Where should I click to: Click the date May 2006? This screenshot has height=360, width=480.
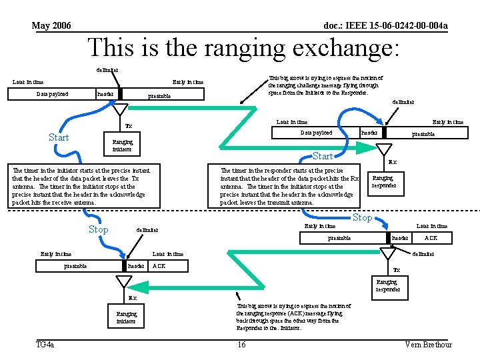click(51, 26)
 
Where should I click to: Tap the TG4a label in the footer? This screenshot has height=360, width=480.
click(45, 344)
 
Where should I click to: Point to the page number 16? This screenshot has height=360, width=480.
click(241, 344)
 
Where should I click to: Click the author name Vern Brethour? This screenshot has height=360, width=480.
click(428, 344)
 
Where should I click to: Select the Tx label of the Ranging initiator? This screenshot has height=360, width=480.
click(129, 126)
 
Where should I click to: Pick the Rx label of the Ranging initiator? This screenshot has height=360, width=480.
click(132, 298)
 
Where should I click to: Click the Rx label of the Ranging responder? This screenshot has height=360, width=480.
click(393, 161)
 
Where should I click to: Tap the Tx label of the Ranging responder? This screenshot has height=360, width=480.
click(397, 270)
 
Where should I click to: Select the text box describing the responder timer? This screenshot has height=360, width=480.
click(291, 186)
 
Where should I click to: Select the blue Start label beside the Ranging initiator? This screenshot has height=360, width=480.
click(59, 137)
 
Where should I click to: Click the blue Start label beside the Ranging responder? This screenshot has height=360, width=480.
click(322, 157)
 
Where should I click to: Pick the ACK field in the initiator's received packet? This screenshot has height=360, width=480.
click(159, 265)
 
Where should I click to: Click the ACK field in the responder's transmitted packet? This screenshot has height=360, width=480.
click(431, 238)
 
